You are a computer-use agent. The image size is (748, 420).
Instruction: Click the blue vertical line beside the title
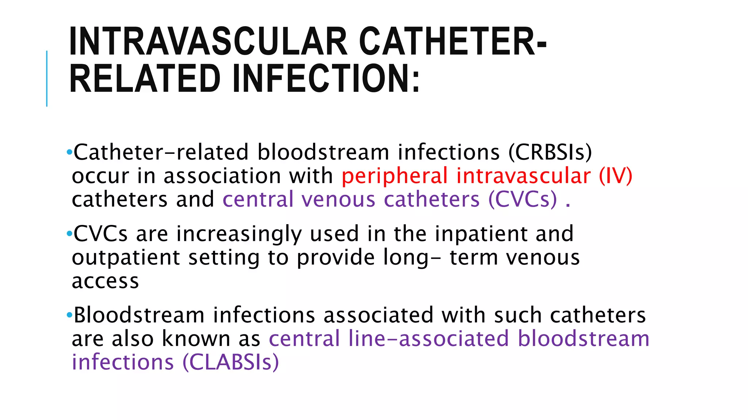[47, 78]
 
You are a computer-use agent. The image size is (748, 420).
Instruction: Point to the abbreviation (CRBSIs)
[550, 152]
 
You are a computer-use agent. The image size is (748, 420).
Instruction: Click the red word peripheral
[394, 176]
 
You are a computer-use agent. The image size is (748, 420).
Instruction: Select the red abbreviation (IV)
[615, 176]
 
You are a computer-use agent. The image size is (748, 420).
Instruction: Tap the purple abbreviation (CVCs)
[523, 200]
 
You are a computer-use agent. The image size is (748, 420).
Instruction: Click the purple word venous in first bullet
[338, 200]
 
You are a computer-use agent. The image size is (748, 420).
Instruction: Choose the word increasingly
[239, 234]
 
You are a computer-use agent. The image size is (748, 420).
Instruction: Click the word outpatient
[126, 258]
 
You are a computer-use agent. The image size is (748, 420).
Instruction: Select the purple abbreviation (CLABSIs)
[230, 363]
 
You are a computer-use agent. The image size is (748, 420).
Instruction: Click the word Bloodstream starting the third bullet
[139, 315]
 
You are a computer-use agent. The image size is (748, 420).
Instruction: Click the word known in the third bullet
[196, 339]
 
